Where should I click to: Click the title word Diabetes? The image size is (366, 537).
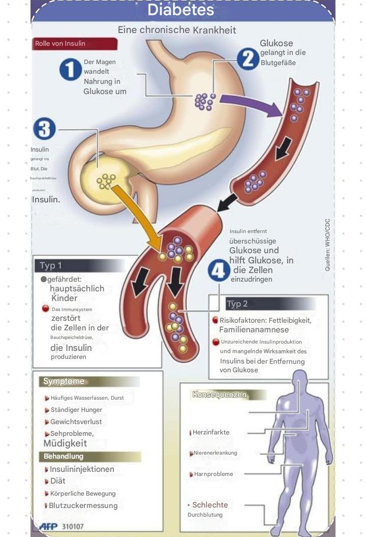[181, 10]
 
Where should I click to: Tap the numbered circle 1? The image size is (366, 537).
[70, 69]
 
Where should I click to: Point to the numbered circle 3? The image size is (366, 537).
[44, 129]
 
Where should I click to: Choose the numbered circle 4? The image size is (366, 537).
[219, 271]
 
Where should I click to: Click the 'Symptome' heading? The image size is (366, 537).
[64, 381]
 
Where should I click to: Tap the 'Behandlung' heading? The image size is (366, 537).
[64, 456]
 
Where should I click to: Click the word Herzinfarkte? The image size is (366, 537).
[211, 432]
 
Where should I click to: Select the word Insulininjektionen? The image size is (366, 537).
[82, 469]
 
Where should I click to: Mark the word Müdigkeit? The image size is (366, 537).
[65, 443]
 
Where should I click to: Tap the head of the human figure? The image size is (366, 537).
[300, 379]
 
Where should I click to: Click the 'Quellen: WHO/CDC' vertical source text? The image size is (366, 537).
[327, 244]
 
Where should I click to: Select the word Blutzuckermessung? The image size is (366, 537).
[83, 505]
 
